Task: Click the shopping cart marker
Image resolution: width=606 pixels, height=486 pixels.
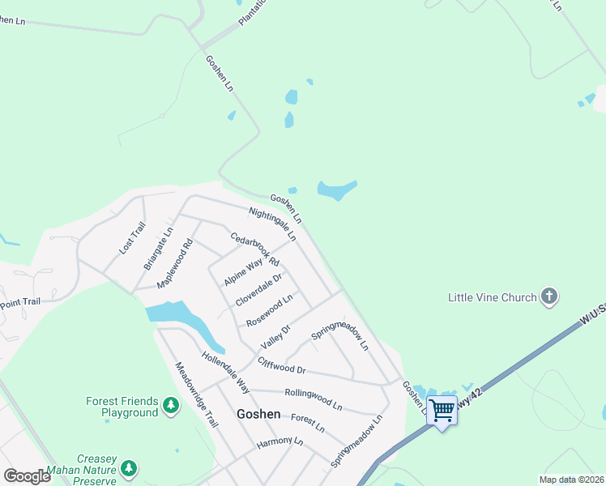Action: pyautogui.click(x=442, y=410)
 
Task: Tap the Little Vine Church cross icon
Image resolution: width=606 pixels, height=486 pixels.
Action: pyautogui.click(x=549, y=296)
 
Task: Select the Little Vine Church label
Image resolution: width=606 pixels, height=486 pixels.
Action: pyautogui.click(x=493, y=297)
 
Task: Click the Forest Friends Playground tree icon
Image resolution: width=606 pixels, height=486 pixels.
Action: pyautogui.click(x=170, y=404)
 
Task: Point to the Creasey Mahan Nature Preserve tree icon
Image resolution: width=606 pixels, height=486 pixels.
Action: pyautogui.click(x=128, y=468)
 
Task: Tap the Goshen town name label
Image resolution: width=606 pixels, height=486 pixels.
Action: pyautogui.click(x=258, y=414)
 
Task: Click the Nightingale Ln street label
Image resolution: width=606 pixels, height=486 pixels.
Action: pyautogui.click(x=272, y=224)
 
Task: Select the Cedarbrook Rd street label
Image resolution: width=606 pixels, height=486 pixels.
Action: pyautogui.click(x=254, y=249)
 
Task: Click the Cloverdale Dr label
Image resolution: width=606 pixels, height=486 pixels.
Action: pyautogui.click(x=258, y=290)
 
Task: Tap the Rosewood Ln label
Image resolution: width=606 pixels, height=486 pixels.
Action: pyautogui.click(x=269, y=310)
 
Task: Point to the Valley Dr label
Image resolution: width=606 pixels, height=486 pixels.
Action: pyautogui.click(x=275, y=335)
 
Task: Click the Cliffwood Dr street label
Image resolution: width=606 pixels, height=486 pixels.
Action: pyautogui.click(x=281, y=366)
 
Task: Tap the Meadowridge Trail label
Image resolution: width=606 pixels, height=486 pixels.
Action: pyautogui.click(x=197, y=394)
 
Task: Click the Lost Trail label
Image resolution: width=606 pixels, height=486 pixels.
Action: pyautogui.click(x=132, y=238)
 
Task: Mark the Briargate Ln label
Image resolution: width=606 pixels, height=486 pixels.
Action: pyautogui.click(x=158, y=248)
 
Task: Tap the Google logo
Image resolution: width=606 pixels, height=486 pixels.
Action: pyautogui.click(x=27, y=476)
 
